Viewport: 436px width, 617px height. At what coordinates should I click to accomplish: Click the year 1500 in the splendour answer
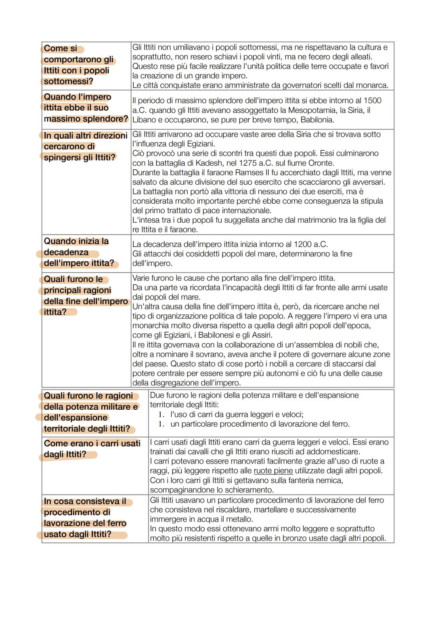[373, 101]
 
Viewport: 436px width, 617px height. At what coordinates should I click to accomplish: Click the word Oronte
[321, 163]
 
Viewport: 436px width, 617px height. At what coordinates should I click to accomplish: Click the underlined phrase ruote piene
[273, 471]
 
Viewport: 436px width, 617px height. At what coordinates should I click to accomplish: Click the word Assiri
[260, 335]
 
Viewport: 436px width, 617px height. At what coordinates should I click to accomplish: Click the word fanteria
[297, 480]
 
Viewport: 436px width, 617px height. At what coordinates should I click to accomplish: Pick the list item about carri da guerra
[237, 414]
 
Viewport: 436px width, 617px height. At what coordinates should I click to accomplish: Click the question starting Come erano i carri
[92, 449]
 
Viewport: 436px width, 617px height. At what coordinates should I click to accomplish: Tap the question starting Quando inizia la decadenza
[79, 252]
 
